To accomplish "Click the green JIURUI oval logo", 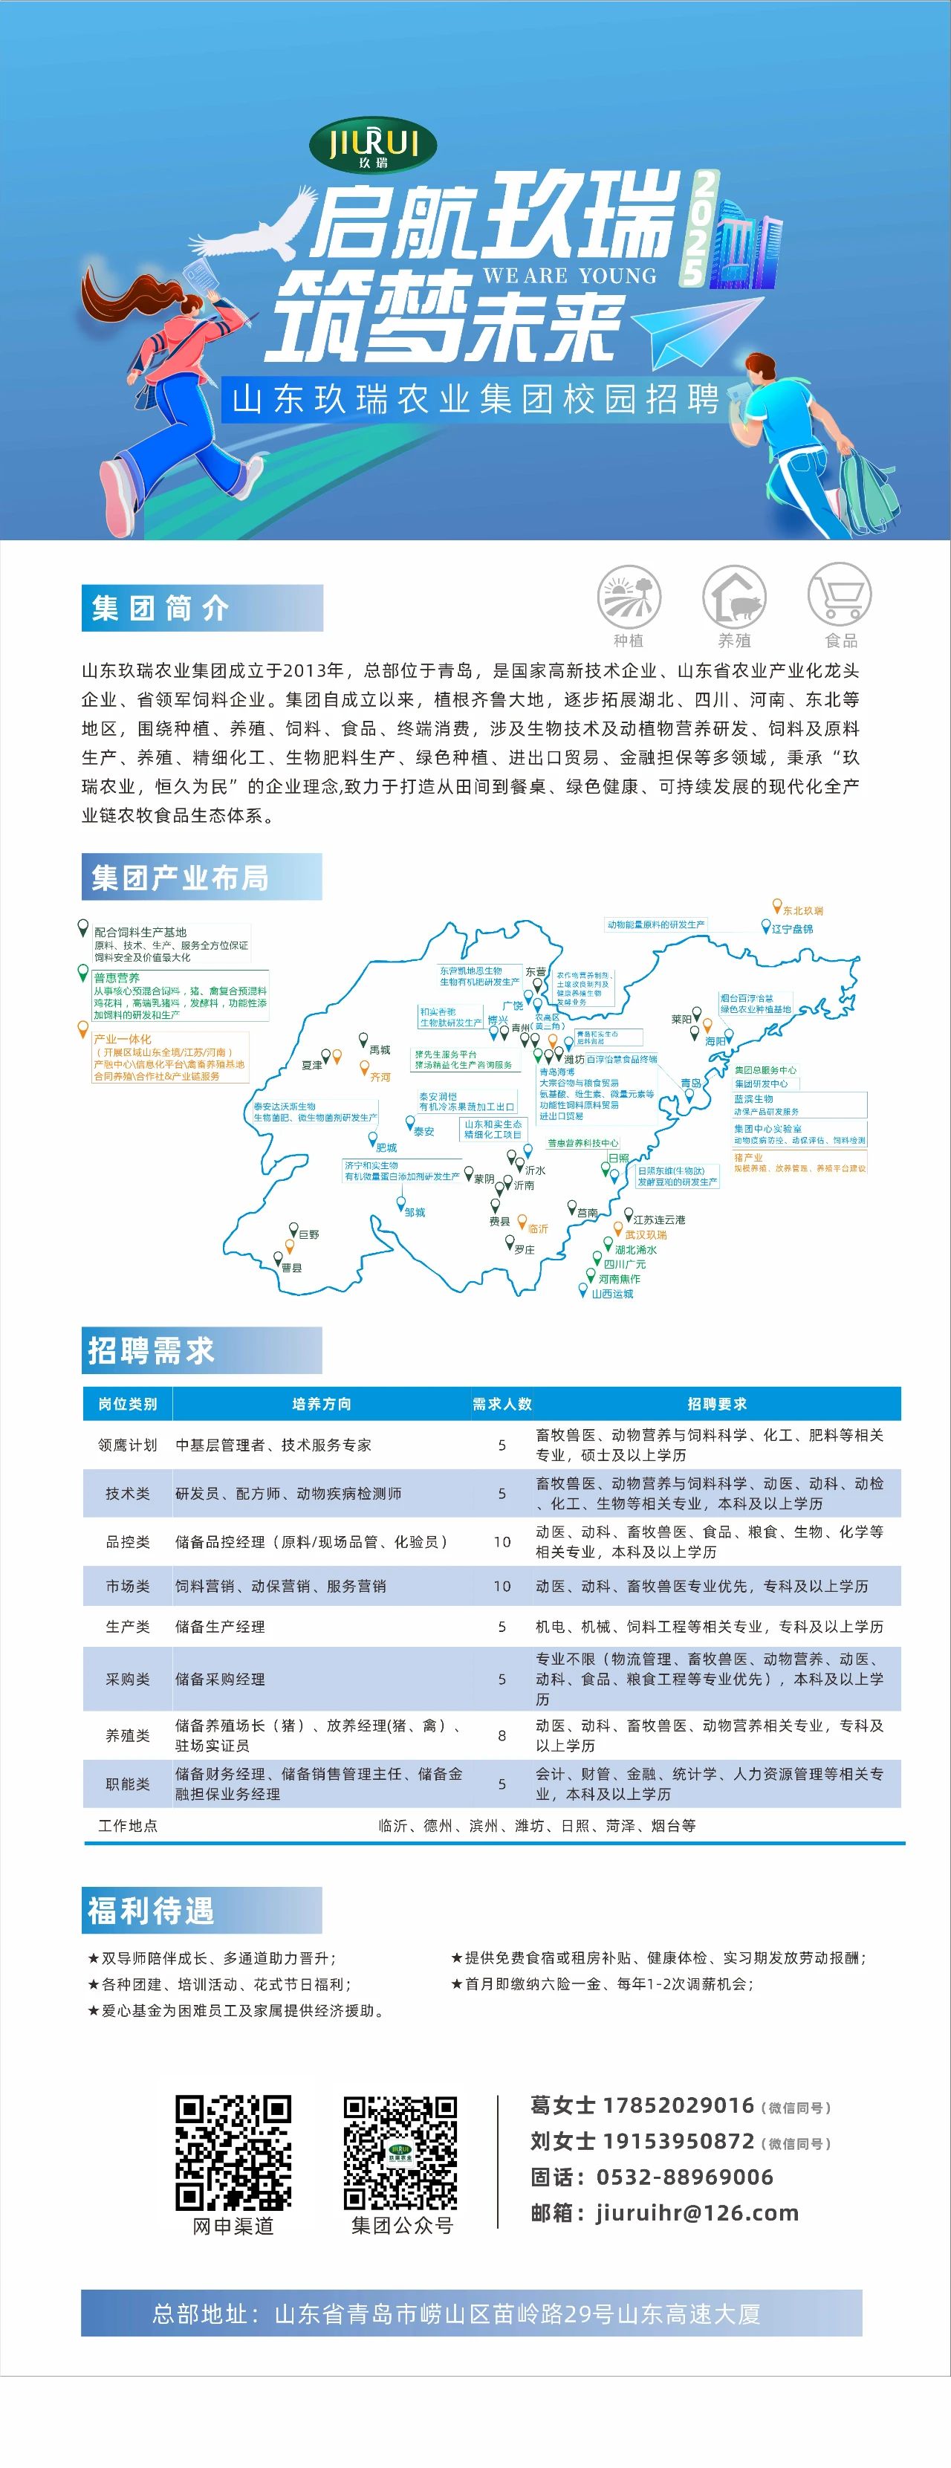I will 372,146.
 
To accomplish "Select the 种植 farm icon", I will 629,596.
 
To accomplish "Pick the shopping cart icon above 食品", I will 840,596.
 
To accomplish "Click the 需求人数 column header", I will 502,1404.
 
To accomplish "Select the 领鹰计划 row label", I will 127,1445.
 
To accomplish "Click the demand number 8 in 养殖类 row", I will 502,1735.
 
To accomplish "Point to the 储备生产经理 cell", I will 220,1627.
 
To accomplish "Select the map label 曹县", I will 291,1268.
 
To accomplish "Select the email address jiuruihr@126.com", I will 697,2213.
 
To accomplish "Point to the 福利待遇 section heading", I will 152,1911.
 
